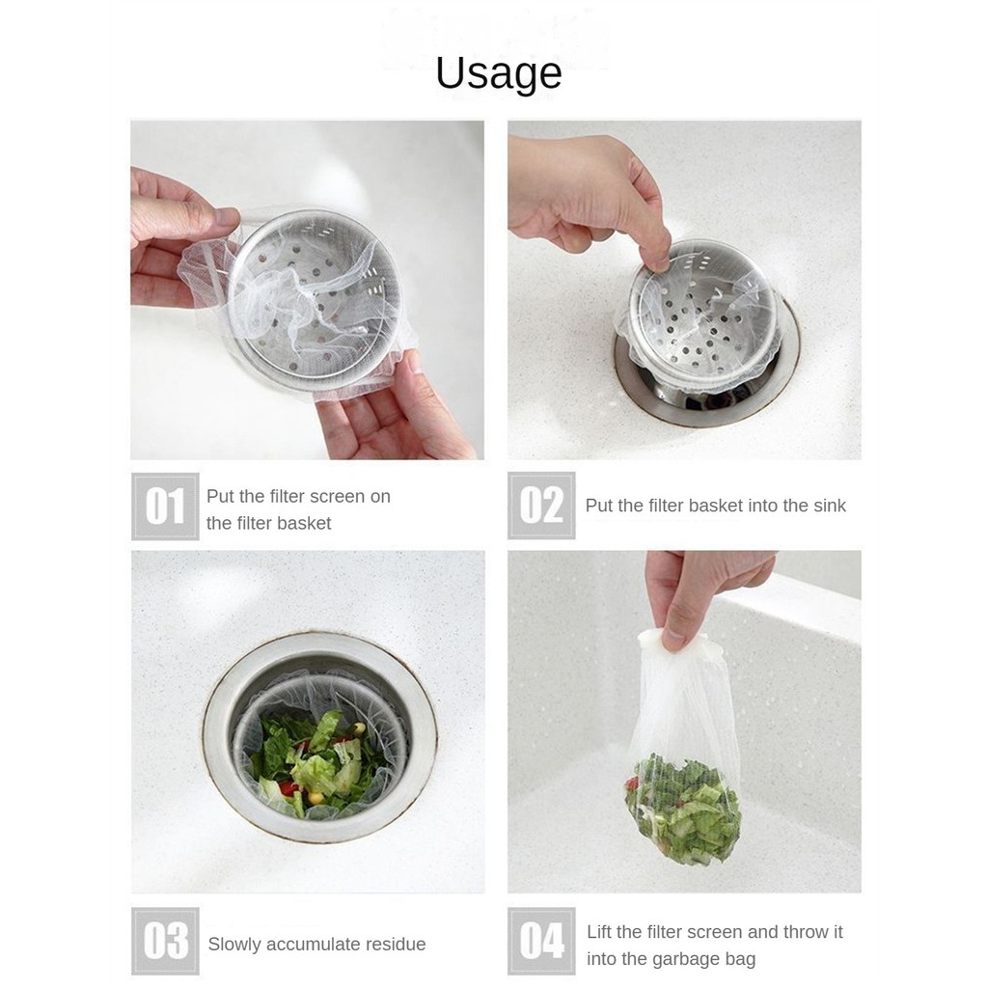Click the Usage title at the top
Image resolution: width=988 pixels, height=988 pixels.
(499, 73)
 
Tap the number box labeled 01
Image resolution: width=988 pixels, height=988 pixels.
(165, 506)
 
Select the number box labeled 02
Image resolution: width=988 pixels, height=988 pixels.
(541, 506)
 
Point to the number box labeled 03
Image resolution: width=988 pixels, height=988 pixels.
(165, 942)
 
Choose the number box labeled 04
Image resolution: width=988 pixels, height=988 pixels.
(541, 942)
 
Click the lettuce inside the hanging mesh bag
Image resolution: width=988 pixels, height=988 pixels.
(683, 800)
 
